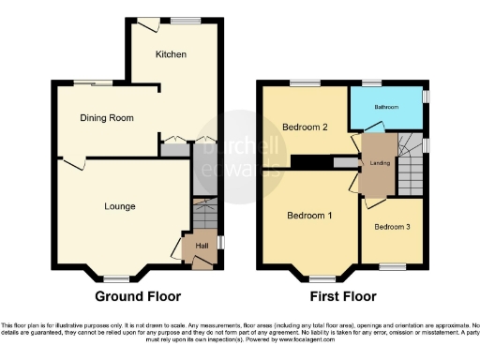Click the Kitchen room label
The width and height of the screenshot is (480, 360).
point(172,54)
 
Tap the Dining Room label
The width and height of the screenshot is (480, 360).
point(106,118)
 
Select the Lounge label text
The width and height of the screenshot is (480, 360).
point(119,206)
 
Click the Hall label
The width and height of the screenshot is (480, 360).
point(201,247)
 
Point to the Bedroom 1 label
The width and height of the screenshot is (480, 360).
point(308,216)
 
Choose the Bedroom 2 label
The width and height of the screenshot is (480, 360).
point(305,129)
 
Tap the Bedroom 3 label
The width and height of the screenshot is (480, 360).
point(392,227)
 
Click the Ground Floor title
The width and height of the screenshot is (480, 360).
point(138,296)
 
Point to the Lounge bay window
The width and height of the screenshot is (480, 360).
point(117,278)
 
